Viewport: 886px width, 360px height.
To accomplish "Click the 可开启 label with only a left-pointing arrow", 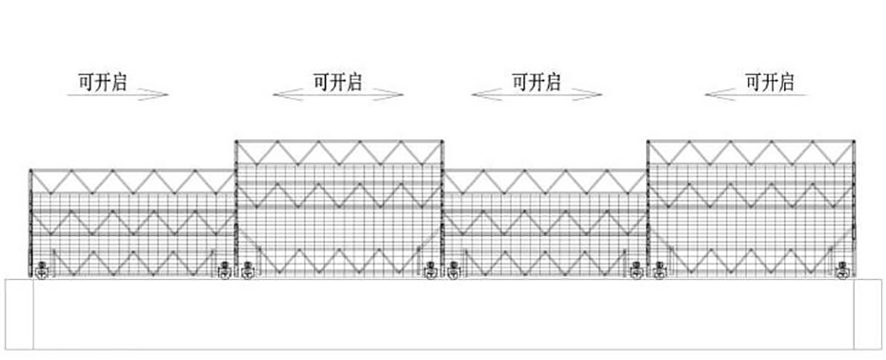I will coord(770,81).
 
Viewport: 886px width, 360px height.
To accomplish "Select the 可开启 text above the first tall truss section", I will coord(337,81).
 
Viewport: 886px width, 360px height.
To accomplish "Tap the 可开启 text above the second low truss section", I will coord(536,81).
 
